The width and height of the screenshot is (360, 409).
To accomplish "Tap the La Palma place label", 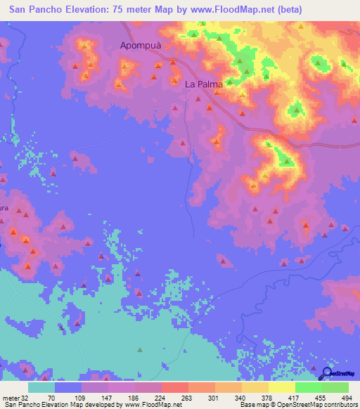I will pyautogui.click(x=204, y=84).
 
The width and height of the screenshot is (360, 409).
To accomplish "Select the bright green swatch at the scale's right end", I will pyautogui.click(x=335, y=387).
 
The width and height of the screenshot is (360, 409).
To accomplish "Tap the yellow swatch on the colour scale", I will pyautogui.click(x=282, y=387).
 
